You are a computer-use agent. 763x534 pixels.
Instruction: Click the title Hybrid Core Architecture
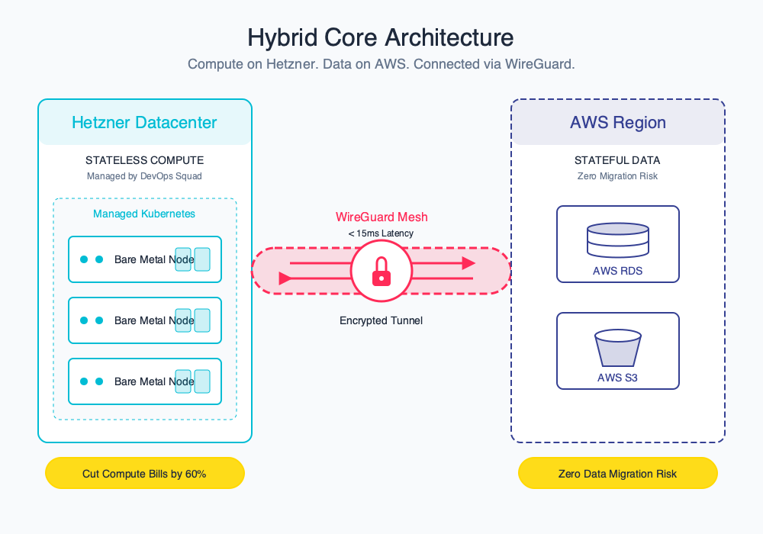coord(381,37)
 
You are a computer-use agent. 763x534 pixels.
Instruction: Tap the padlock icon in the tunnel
coord(381,272)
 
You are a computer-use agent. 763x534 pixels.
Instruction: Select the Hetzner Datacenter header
coord(144,123)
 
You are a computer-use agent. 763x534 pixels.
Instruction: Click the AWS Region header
coord(617,123)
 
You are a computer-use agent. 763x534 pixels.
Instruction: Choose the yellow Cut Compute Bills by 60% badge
coord(144,474)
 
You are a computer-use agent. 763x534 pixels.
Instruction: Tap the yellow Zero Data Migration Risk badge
coord(617,474)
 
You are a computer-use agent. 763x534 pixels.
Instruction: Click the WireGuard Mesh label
coord(381,217)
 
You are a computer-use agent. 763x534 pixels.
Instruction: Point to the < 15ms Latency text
coord(381,233)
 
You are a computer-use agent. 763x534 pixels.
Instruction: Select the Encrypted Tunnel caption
coord(381,321)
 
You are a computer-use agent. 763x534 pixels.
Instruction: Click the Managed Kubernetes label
coord(144,214)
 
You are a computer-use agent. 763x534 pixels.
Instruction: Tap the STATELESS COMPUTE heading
coord(144,161)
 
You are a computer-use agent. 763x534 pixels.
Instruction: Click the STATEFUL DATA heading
coord(617,161)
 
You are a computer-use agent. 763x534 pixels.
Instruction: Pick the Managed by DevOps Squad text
coord(144,176)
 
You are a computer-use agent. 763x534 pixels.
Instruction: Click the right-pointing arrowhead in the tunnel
coord(468,263)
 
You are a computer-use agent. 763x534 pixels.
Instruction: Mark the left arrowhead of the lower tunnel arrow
coord(285,278)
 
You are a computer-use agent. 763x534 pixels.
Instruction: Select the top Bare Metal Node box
coord(144,259)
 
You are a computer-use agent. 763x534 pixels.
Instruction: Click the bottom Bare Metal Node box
coord(144,381)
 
